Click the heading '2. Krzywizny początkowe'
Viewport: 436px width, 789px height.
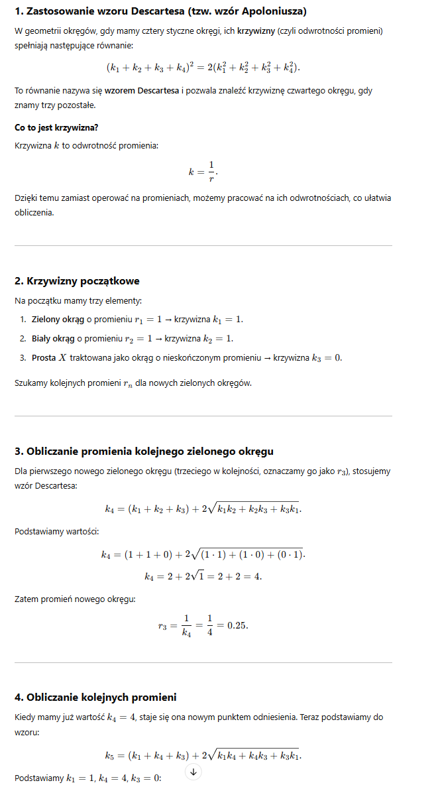coord(77,281)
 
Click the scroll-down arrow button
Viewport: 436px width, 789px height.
coord(193,771)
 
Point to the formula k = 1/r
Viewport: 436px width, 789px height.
coord(203,171)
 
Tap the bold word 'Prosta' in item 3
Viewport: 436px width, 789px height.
coord(44,358)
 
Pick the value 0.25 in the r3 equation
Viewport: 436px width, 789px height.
coord(237,626)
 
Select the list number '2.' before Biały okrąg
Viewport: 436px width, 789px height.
coord(23,339)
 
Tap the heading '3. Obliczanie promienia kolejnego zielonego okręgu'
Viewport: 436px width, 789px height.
coord(144,452)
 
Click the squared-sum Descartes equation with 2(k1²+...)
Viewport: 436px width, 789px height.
coord(203,68)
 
